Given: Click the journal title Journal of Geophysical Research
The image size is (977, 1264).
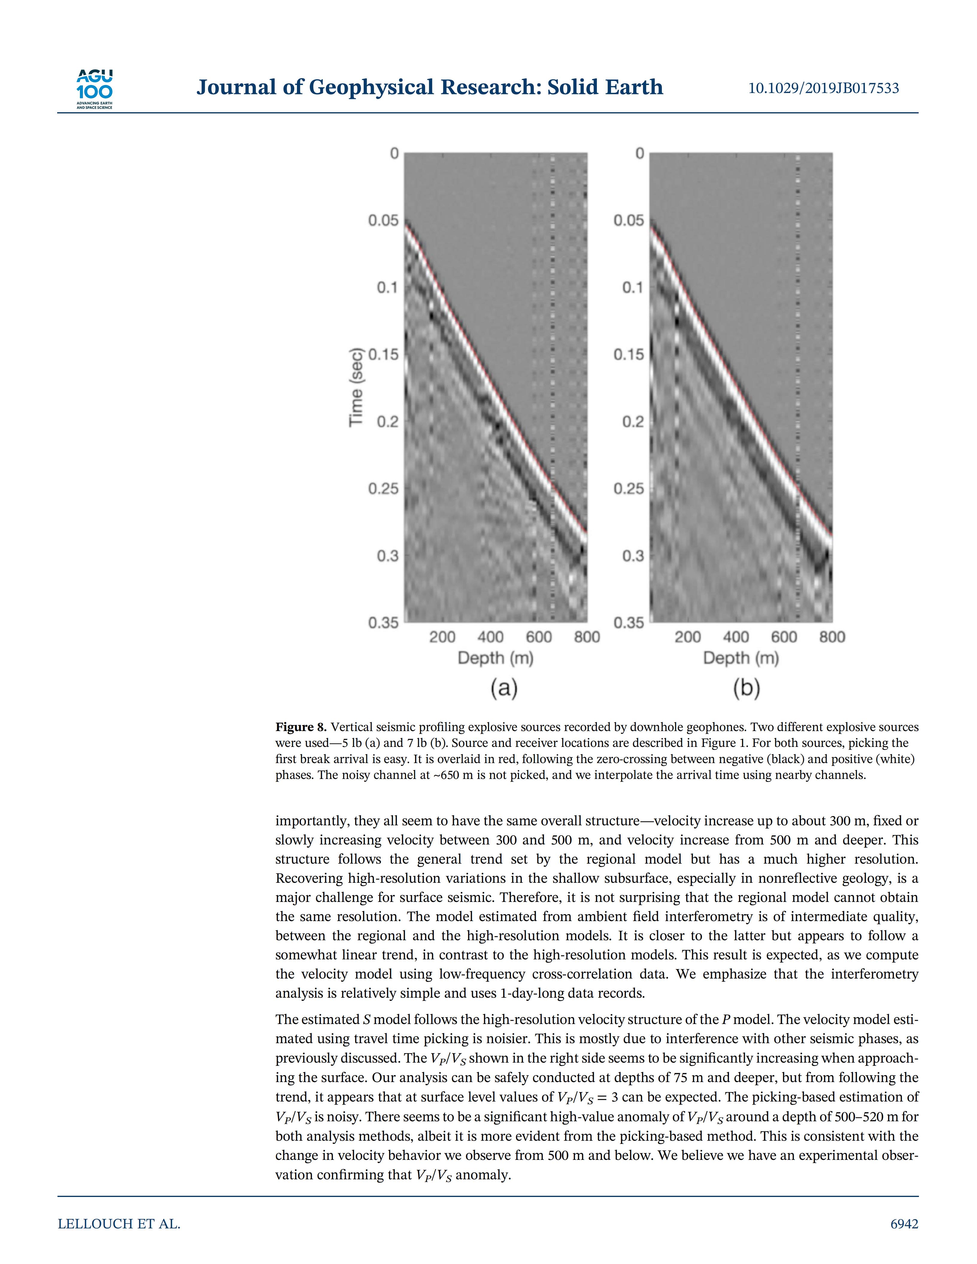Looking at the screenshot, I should [430, 87].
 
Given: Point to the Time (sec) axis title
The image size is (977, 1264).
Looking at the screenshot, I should [356, 387].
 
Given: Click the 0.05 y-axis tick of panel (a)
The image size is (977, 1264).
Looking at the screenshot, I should [383, 221].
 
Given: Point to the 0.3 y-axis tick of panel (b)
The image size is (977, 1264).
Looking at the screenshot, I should [633, 556].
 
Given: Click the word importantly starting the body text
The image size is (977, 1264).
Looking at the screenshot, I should [310, 821].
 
